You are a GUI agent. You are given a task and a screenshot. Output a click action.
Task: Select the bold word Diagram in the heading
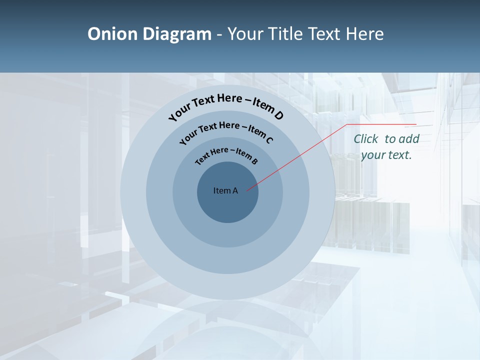pos(177,34)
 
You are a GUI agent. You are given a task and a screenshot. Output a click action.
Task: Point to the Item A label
pos(225,190)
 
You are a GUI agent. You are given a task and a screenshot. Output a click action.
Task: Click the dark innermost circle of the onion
pos(227,205)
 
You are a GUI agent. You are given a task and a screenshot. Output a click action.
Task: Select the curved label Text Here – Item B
pos(226,155)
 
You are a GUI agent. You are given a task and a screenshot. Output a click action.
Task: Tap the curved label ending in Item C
pos(226,131)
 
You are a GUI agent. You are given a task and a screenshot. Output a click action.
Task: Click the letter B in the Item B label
pos(254,161)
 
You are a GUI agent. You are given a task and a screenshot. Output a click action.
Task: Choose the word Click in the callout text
pos(366,139)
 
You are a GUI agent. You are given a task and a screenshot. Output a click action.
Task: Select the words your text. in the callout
pos(386,155)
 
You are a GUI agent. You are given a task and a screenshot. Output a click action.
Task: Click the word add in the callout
pos(409,139)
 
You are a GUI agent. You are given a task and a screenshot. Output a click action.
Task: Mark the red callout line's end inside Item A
pos(247,190)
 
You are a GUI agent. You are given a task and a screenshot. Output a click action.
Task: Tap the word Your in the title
pos(247,34)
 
